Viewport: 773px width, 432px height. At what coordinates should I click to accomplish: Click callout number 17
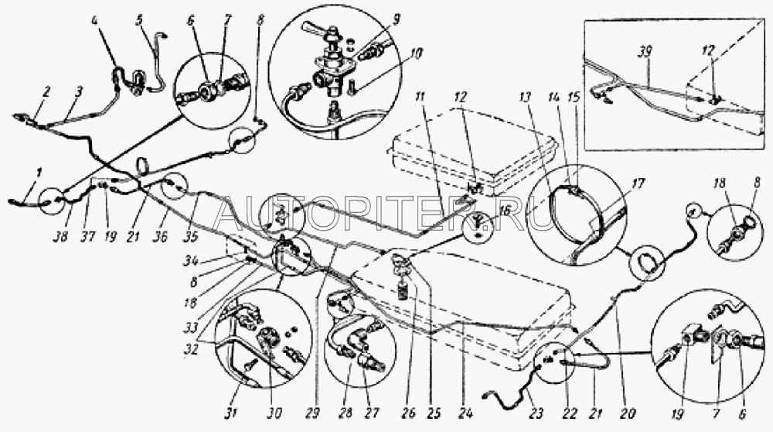coord(638,186)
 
